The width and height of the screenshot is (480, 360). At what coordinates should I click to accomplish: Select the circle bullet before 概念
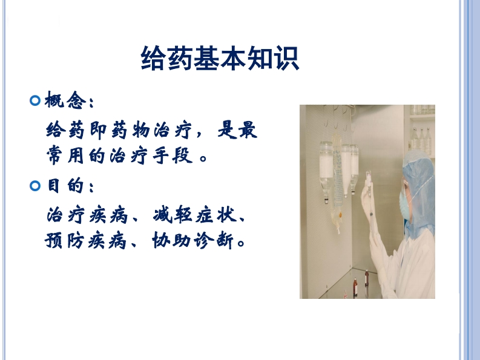click(35, 100)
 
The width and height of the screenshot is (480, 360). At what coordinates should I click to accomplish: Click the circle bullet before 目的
click(35, 186)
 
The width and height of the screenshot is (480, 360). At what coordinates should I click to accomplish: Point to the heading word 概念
click(65, 100)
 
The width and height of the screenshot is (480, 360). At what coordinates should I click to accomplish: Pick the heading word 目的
click(65, 185)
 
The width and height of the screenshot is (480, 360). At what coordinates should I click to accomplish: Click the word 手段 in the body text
click(173, 155)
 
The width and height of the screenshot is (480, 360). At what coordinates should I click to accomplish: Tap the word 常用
click(65, 155)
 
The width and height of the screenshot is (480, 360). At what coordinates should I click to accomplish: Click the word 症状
click(216, 215)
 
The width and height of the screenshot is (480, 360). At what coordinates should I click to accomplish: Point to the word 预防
click(64, 240)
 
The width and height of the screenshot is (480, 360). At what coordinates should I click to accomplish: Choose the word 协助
click(171, 240)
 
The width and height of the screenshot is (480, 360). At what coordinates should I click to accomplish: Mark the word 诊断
click(214, 240)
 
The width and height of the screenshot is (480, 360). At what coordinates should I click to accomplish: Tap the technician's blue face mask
click(404, 205)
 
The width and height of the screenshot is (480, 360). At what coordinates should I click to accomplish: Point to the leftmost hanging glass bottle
click(326, 171)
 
